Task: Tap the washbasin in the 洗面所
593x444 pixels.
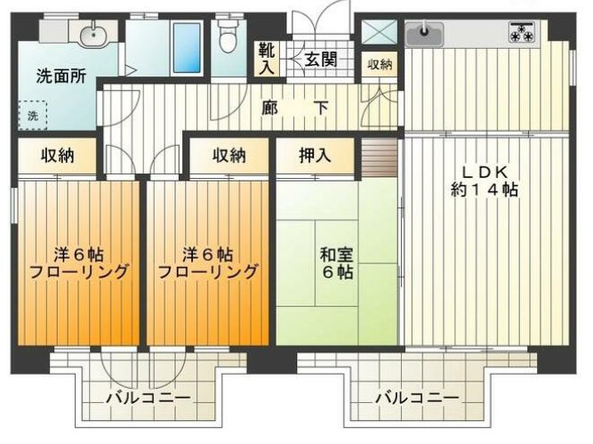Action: (90, 36)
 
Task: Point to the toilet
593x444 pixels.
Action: (228, 37)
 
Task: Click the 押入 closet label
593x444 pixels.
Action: (315, 156)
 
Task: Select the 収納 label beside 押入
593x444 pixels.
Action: (228, 156)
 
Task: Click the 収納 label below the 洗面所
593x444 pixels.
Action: (57, 156)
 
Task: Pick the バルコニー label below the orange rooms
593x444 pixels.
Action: (148, 398)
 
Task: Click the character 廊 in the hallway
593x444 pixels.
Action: (270, 108)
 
